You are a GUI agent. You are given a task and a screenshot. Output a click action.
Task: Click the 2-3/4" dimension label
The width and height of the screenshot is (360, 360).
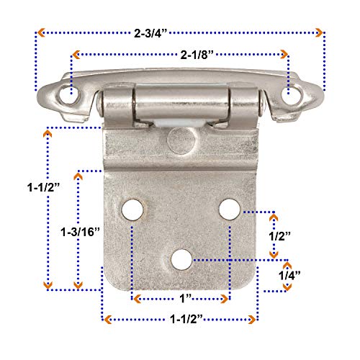click(x=180, y=32)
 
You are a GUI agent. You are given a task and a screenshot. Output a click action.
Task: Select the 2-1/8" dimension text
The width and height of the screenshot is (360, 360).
click(x=180, y=55)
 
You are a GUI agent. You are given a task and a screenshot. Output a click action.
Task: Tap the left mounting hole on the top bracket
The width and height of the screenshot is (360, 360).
click(x=71, y=94)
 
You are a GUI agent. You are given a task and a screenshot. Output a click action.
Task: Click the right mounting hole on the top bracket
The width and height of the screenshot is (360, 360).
click(x=290, y=94)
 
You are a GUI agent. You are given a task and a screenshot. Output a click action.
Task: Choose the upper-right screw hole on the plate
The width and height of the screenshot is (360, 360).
click(x=230, y=209)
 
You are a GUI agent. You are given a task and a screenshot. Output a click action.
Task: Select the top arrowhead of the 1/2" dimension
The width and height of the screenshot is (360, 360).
click(x=274, y=215)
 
